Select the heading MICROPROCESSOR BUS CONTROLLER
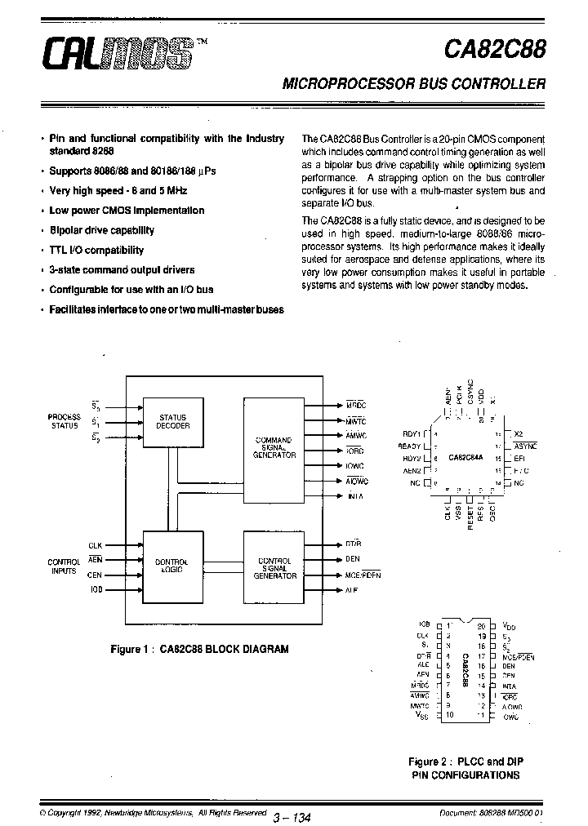(x=413, y=83)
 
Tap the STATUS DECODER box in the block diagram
(x=173, y=421)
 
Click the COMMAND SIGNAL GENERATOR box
(x=274, y=447)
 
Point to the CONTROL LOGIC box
(x=172, y=566)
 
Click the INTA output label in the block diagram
(x=355, y=496)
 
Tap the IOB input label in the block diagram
(x=96, y=588)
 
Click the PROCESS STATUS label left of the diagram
(x=65, y=421)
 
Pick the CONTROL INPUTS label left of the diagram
(x=64, y=566)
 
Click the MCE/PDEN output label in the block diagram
(x=363, y=575)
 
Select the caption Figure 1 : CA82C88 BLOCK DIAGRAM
(x=199, y=650)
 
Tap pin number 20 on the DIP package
(x=482, y=626)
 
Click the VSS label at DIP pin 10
(x=422, y=715)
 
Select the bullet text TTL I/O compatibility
(x=96, y=251)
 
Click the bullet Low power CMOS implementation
(x=127, y=211)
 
